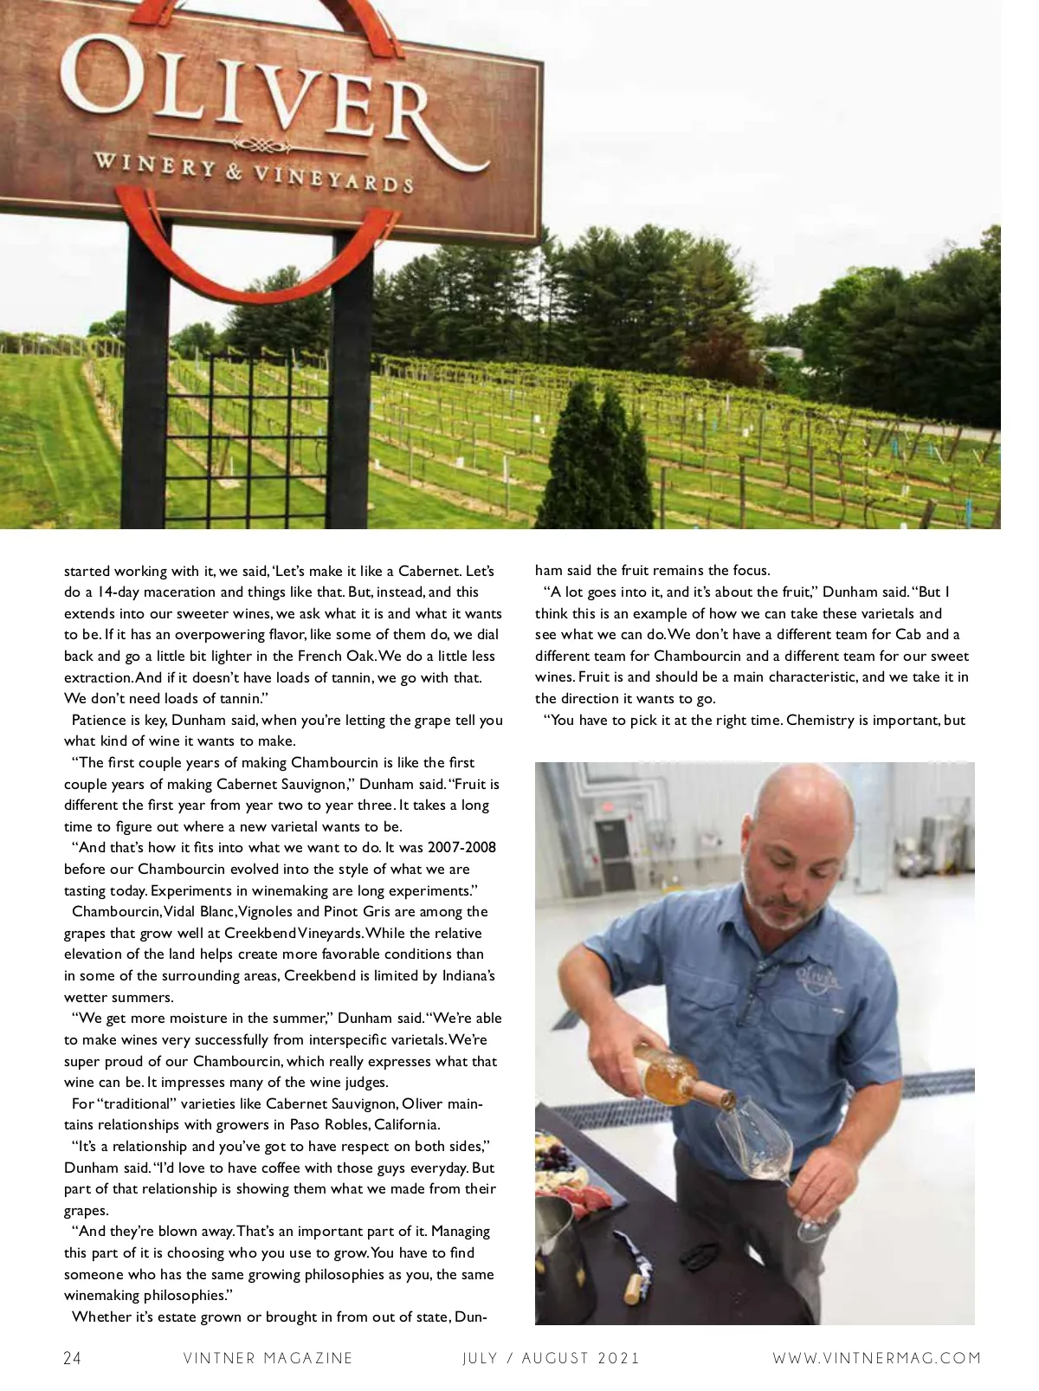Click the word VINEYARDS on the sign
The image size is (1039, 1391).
(332, 178)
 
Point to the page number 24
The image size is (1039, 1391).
(73, 1358)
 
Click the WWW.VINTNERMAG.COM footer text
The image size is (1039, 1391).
(877, 1358)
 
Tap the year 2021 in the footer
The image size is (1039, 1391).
(613, 1358)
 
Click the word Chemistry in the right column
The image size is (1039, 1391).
(820, 721)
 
